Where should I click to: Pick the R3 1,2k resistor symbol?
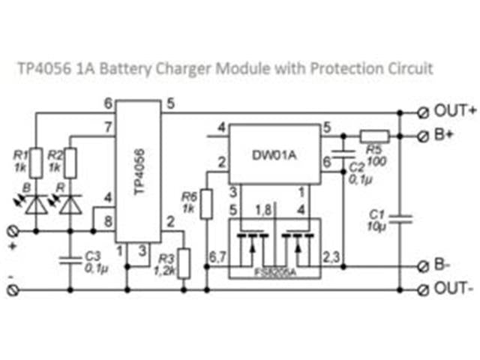point(182,262)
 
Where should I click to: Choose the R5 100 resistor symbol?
point(373,136)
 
